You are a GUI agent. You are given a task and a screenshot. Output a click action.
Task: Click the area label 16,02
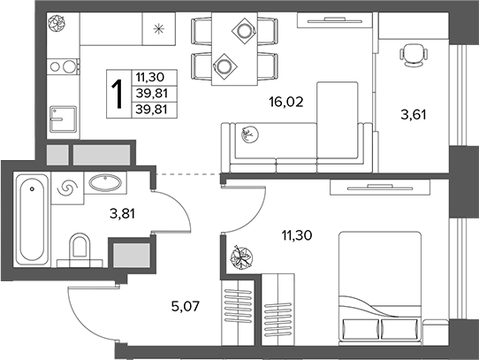(286, 102)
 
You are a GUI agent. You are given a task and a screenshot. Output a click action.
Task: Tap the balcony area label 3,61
(414, 115)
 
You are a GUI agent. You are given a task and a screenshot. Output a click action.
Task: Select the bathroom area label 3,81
(122, 213)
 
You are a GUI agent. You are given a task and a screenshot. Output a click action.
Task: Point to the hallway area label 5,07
(186, 306)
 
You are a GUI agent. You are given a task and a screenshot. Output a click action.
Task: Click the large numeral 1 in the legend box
(118, 94)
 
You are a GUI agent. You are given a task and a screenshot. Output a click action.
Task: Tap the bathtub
(32, 219)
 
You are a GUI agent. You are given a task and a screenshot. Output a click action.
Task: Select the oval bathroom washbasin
(105, 182)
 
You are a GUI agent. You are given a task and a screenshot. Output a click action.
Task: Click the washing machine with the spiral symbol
(67, 188)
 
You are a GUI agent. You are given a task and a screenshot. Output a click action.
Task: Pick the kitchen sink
(64, 119)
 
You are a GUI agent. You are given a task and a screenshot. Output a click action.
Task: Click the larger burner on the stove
(69, 66)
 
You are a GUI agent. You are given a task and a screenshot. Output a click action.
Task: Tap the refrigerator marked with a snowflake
(159, 29)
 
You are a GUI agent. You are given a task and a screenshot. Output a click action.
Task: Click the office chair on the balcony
(414, 55)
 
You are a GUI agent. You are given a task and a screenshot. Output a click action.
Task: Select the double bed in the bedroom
(380, 288)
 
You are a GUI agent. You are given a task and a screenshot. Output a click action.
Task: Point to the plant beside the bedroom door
(241, 257)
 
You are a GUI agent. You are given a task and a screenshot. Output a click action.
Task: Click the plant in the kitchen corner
(57, 23)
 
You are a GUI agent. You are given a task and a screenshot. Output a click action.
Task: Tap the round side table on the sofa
(249, 134)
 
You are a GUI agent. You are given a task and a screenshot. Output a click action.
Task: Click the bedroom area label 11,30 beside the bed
(297, 235)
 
